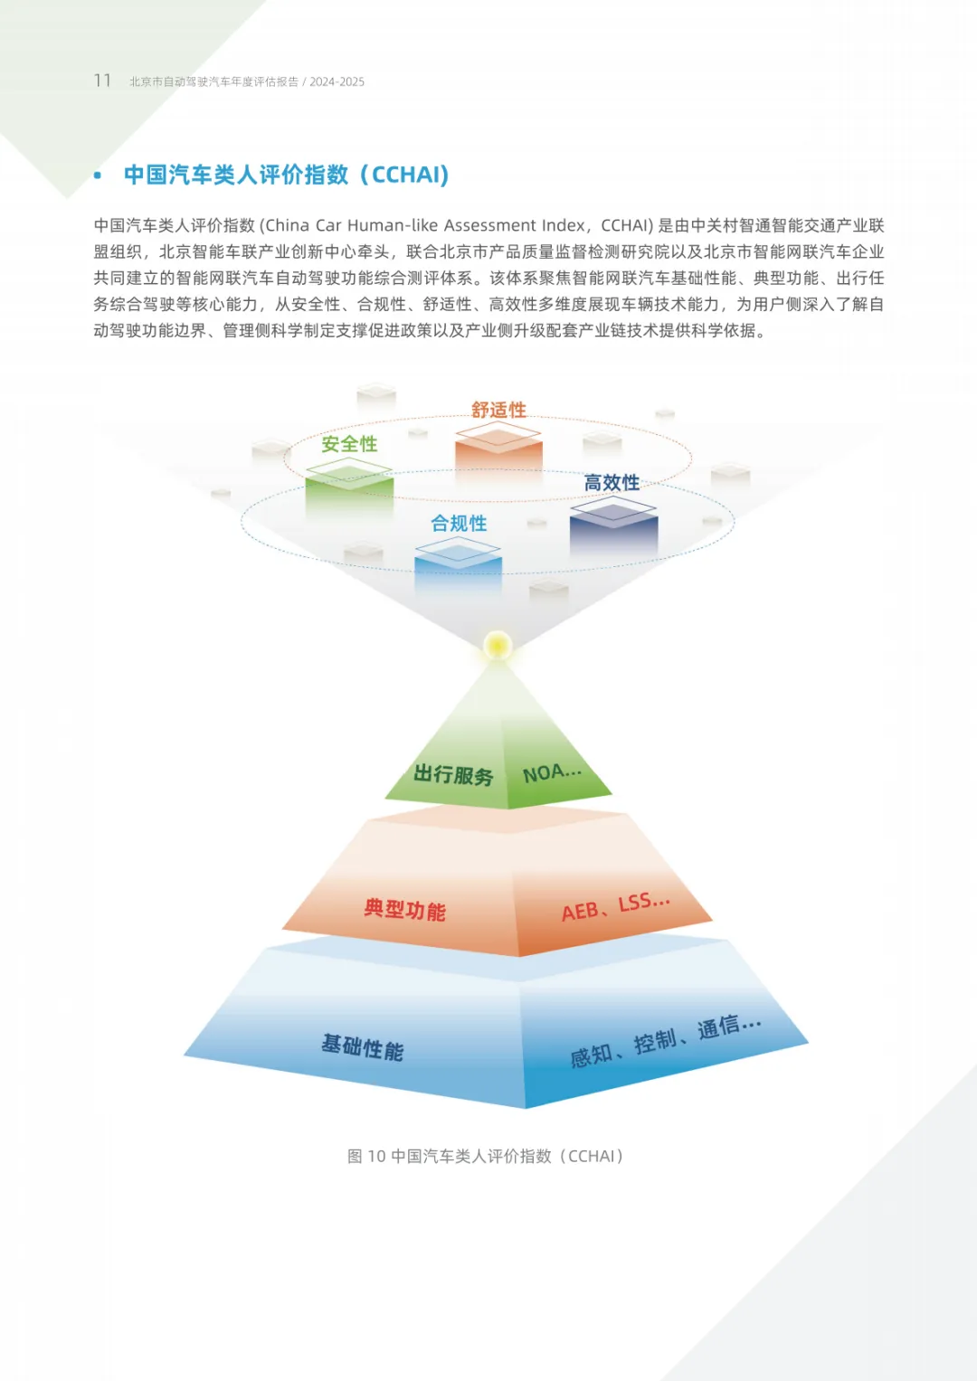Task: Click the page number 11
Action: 102,80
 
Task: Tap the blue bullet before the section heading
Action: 98,175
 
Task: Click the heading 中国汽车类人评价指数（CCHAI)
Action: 286,175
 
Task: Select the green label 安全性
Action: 349,444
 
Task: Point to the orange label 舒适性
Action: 498,410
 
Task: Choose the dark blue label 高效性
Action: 612,483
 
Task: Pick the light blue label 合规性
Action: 459,524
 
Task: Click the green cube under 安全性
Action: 349,487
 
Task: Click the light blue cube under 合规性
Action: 458,564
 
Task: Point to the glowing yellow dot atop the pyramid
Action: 497,646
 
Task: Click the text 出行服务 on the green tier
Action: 453,775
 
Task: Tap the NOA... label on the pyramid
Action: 552,772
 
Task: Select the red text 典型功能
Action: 404,909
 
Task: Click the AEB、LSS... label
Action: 615,906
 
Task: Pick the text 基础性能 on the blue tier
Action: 363,1047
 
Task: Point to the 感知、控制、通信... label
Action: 665,1041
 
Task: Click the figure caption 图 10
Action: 366,1156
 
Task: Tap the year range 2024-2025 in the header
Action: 337,81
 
